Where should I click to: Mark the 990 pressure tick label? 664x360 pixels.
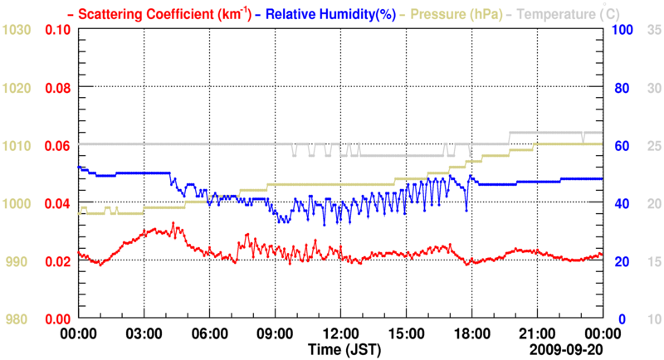click(20, 261)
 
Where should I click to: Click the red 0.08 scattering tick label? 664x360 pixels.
click(57, 88)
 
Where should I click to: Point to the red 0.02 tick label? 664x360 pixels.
click(57, 261)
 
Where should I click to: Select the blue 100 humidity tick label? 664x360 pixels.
click(622, 30)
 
